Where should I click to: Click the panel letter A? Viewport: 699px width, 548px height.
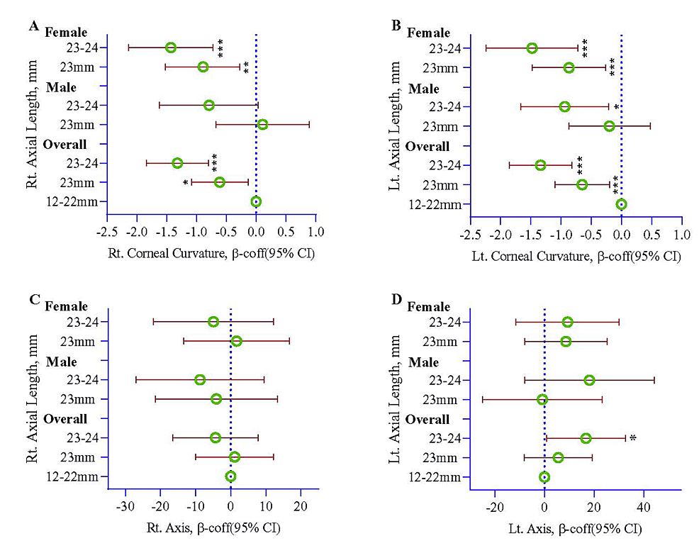pyautogui.click(x=33, y=26)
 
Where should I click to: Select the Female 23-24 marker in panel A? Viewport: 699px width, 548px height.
pyautogui.click(x=171, y=47)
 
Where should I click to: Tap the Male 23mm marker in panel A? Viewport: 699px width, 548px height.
pyautogui.click(x=262, y=125)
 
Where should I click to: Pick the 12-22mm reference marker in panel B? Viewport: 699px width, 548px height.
pyautogui.click(x=621, y=204)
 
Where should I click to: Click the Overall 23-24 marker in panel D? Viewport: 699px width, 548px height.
pyautogui.click(x=586, y=438)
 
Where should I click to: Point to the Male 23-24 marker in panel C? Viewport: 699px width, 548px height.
pyautogui.click(x=200, y=380)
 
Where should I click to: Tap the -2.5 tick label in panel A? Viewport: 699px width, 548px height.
pyautogui.click(x=106, y=232)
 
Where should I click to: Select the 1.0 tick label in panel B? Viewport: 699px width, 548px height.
pyautogui.click(x=681, y=235)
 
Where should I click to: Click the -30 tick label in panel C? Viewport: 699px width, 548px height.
pyautogui.click(x=125, y=507)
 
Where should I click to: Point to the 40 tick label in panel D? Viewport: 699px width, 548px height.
pyautogui.click(x=643, y=507)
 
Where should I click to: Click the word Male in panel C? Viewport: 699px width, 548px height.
pyautogui.click(x=62, y=362)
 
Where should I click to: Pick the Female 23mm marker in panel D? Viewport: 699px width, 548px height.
pyautogui.click(x=566, y=342)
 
